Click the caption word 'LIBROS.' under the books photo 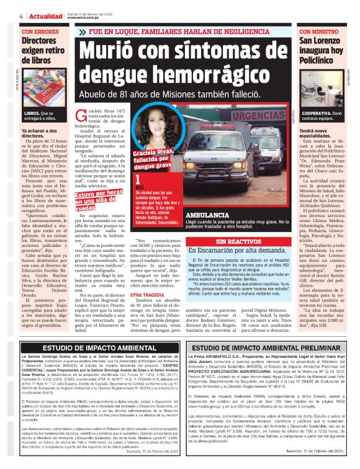click(32, 114)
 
